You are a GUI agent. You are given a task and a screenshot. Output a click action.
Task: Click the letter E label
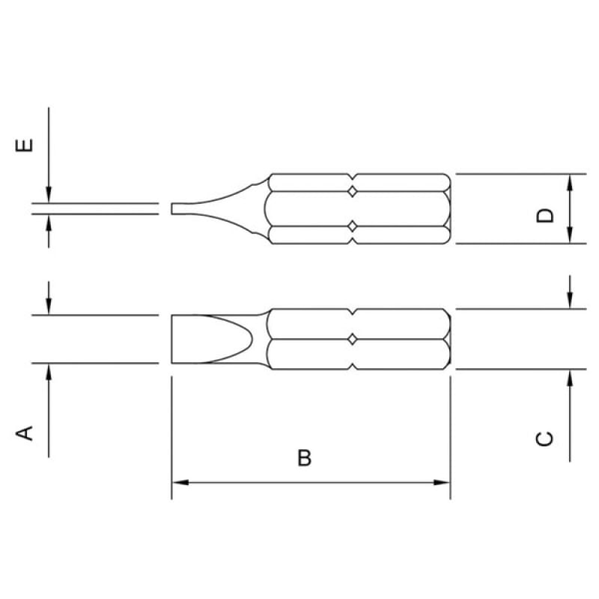[24, 145]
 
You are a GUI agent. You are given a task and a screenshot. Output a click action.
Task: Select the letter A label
[24, 434]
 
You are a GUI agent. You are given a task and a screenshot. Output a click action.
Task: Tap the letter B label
[305, 457]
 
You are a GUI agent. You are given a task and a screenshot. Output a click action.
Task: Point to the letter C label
[544, 439]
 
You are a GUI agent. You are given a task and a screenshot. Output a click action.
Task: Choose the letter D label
[545, 215]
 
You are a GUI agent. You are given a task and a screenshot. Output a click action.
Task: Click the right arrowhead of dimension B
[442, 482]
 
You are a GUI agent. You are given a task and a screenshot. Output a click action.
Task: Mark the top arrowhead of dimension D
[570, 183]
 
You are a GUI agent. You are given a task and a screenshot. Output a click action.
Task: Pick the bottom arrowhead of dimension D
[570, 235]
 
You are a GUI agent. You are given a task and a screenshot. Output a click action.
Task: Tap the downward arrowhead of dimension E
[49, 195]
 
